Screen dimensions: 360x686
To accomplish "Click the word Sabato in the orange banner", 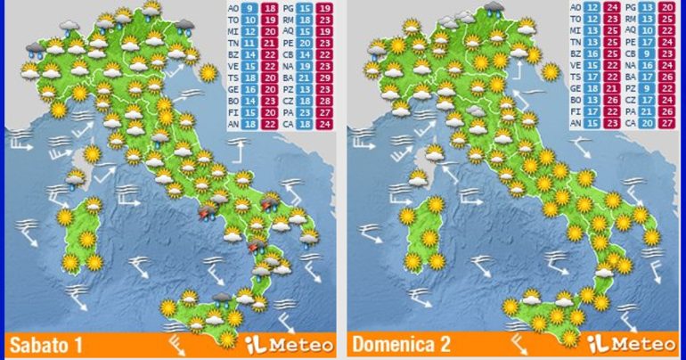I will tap(36, 344).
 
